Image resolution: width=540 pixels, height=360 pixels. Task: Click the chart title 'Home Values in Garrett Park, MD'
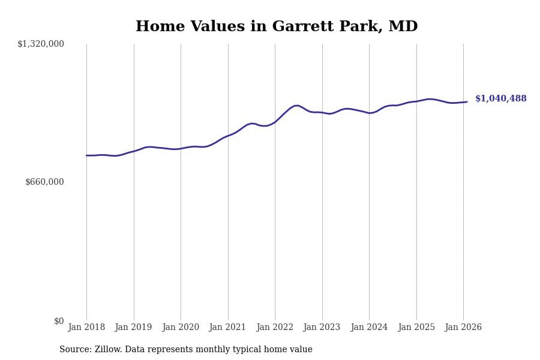tap(277, 27)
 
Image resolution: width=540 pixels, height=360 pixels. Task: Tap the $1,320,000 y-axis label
tap(41, 44)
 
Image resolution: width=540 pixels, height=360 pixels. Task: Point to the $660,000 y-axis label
tap(44, 182)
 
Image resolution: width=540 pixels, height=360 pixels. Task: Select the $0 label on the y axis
tap(59, 321)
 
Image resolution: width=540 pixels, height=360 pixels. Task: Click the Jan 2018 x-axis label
tap(86, 327)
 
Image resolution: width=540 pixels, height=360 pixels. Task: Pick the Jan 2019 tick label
tap(134, 327)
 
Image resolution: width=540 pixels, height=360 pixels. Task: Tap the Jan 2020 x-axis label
tap(181, 327)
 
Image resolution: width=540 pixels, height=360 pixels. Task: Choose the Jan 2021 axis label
tap(228, 327)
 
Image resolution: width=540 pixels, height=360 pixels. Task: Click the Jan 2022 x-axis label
tap(275, 327)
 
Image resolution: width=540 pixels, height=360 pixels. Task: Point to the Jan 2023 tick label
tap(322, 327)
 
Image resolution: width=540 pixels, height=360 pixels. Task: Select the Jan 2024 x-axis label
tap(369, 327)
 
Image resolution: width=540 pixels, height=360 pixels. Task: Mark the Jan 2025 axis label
tap(416, 327)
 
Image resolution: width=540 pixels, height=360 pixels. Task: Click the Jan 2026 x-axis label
tap(463, 327)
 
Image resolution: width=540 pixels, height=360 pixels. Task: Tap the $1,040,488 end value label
tap(501, 99)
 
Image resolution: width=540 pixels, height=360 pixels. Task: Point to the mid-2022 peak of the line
tap(296, 106)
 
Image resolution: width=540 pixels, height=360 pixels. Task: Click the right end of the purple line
tap(467, 102)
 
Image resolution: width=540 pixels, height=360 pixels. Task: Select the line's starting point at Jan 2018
tap(86, 155)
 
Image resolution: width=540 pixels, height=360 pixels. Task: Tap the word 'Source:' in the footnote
tap(76, 350)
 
